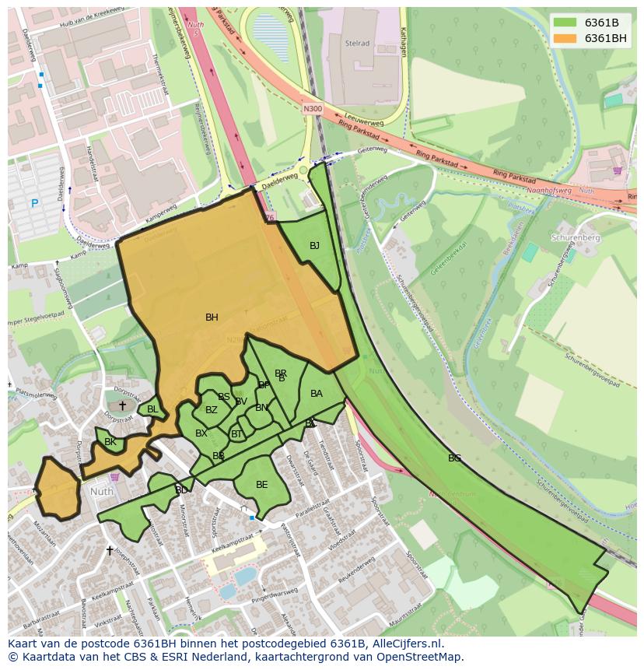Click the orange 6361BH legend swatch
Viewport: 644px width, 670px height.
(x=565, y=38)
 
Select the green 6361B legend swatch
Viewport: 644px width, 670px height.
(x=565, y=23)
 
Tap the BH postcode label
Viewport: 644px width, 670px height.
(x=212, y=317)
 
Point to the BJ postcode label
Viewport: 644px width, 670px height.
(x=314, y=246)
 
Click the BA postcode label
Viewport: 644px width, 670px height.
(x=316, y=394)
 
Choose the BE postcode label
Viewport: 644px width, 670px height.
(x=261, y=485)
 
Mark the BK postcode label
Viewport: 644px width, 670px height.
(x=110, y=442)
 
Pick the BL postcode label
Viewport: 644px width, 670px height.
(x=152, y=409)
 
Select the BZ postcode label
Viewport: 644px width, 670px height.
(x=211, y=410)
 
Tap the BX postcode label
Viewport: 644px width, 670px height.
(x=201, y=433)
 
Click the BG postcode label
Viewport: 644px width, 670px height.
(x=454, y=458)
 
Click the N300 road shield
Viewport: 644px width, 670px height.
(x=312, y=110)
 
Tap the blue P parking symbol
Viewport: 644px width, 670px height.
(x=34, y=204)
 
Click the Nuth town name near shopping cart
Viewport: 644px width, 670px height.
(x=101, y=492)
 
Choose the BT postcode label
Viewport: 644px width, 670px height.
(x=236, y=434)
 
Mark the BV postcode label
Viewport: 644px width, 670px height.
(x=240, y=402)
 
